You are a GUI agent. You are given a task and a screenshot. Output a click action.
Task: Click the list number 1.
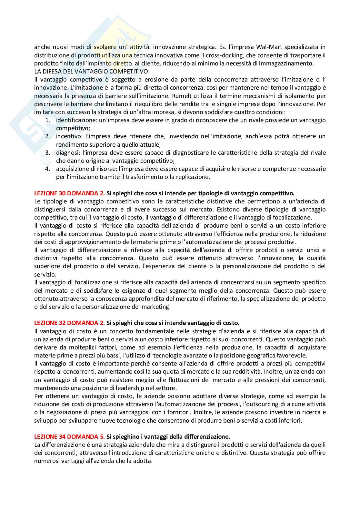point(47,120)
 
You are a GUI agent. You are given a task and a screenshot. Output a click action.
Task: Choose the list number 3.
point(47,152)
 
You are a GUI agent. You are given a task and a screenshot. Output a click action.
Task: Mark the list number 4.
point(47,169)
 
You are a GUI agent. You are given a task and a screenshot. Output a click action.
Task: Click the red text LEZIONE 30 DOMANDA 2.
point(69,193)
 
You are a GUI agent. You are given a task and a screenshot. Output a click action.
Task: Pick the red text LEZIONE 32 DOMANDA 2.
point(69,323)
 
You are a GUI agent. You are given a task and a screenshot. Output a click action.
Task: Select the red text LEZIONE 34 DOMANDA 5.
point(69,437)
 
